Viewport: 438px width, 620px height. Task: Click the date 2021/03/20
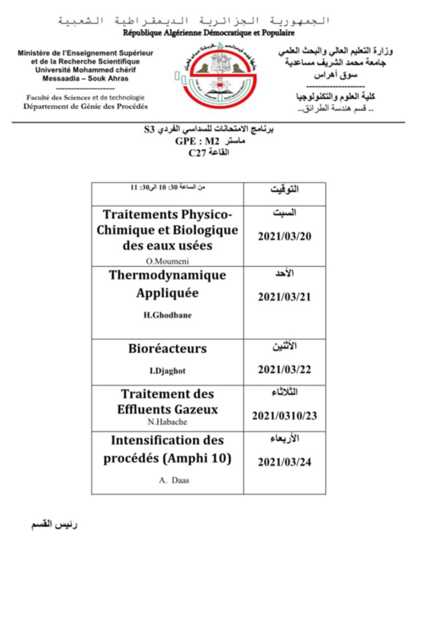(285, 236)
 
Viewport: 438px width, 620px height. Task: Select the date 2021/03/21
(285, 296)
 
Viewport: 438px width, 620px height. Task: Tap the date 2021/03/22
(285, 369)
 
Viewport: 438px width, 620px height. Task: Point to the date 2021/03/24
(285, 462)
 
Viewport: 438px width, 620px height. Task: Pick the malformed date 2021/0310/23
(285, 416)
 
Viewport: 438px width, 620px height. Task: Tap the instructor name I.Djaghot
(168, 370)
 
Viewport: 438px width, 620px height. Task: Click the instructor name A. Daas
(167, 480)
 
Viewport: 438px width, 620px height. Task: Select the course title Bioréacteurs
(168, 348)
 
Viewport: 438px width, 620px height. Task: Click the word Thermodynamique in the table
(168, 274)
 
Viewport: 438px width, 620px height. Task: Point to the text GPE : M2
(197, 142)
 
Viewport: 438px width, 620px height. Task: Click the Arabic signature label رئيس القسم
(54, 523)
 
